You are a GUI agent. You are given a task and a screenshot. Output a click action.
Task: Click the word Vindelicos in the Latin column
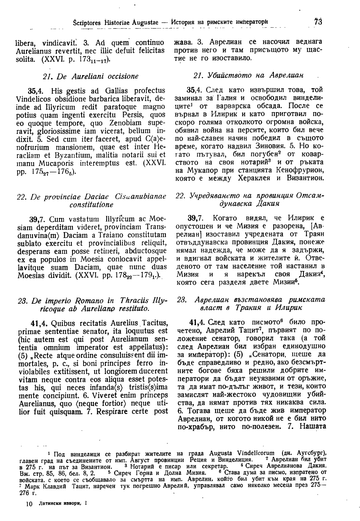pyautogui.click(x=31, y=99)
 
